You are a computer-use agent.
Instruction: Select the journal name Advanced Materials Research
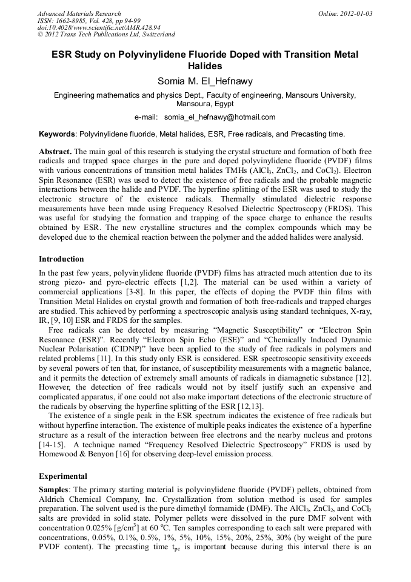pos(79,13)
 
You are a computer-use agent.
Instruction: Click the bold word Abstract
pos(55,151)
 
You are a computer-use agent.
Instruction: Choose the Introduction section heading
pos(61,259)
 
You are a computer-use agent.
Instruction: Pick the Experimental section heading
pos(62,476)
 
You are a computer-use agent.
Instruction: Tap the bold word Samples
pos(55,489)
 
